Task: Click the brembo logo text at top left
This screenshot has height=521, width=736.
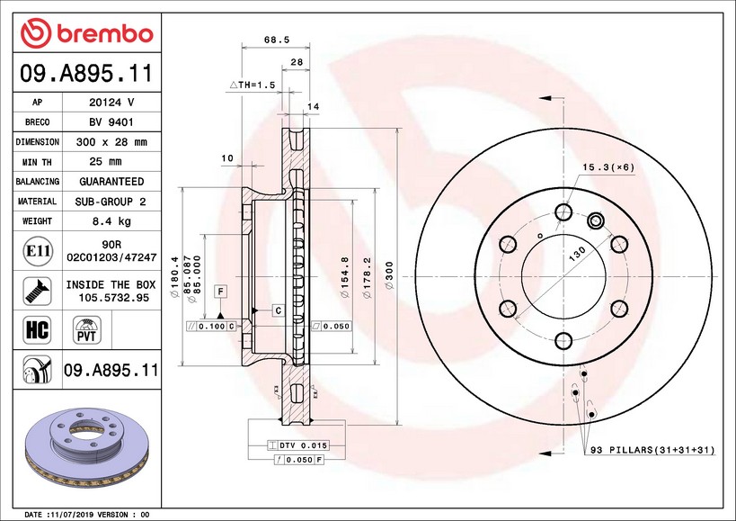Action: [105, 34]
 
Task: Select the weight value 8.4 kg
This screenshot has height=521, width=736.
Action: [111, 220]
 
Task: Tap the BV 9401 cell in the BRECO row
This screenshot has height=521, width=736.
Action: [111, 122]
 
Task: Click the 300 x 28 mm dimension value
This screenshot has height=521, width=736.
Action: [111, 142]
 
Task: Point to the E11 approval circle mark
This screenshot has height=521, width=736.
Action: [38, 251]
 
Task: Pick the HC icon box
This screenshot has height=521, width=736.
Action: [37, 329]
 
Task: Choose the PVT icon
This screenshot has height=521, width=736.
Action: [87, 330]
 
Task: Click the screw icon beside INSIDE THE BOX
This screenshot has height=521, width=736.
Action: [37, 291]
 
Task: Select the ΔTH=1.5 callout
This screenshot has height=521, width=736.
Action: [252, 85]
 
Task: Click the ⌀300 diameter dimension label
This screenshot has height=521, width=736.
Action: [389, 275]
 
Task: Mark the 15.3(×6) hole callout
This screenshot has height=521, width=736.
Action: [608, 167]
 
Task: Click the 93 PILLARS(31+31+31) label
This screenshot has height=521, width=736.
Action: [652, 450]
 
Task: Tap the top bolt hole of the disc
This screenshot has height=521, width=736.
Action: [563, 211]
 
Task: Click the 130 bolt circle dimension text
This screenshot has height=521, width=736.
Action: [577, 254]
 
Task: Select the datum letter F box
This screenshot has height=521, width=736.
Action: [220, 292]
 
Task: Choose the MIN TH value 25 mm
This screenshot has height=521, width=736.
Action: [106, 162]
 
